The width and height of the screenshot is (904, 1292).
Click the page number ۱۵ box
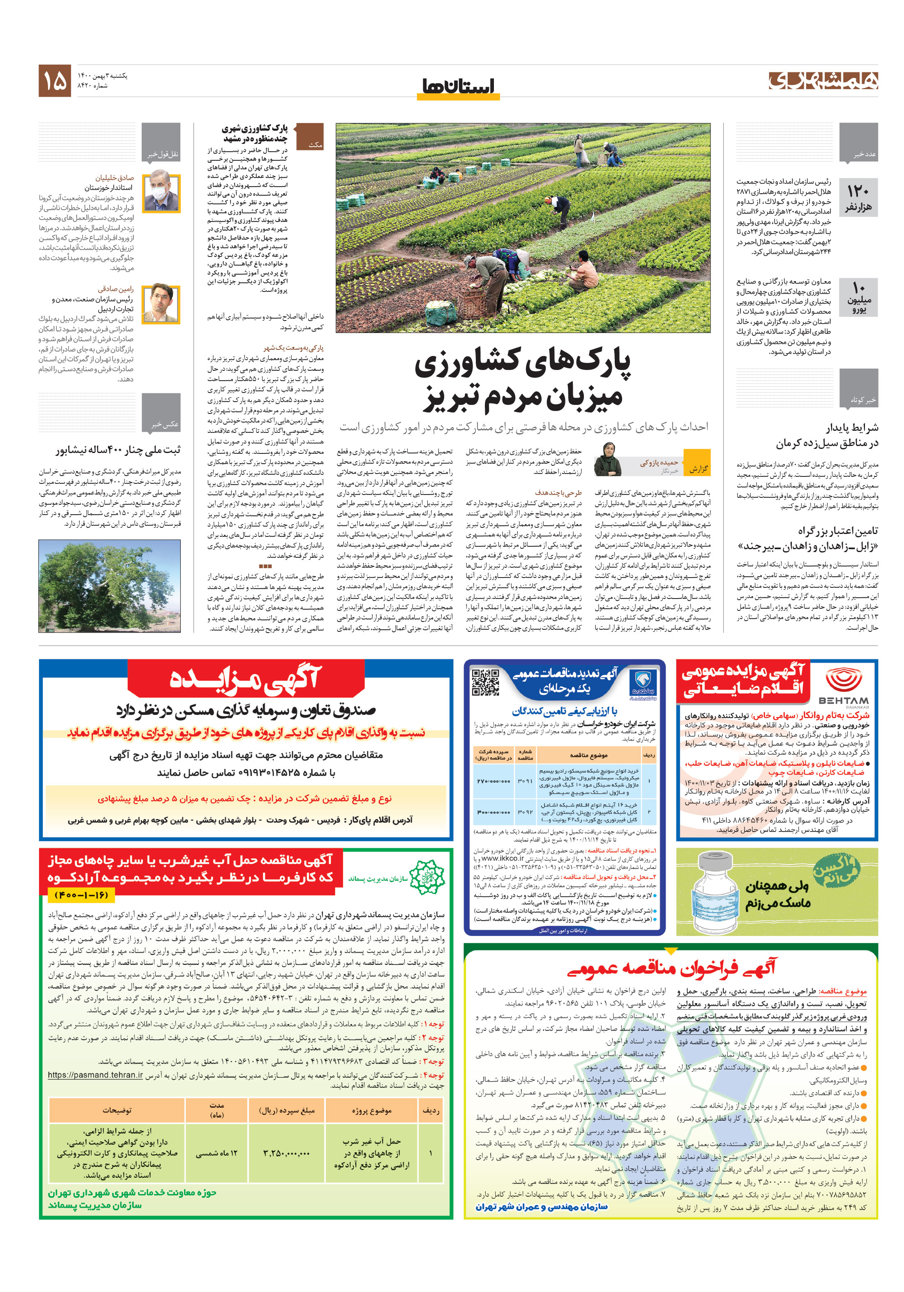click(55, 81)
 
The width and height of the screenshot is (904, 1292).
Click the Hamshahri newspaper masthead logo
click(822, 81)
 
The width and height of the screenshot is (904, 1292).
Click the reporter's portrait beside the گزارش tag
click(608, 460)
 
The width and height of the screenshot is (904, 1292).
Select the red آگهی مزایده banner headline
click(246, 679)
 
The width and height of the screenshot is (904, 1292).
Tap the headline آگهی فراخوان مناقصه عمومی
click(671, 967)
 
